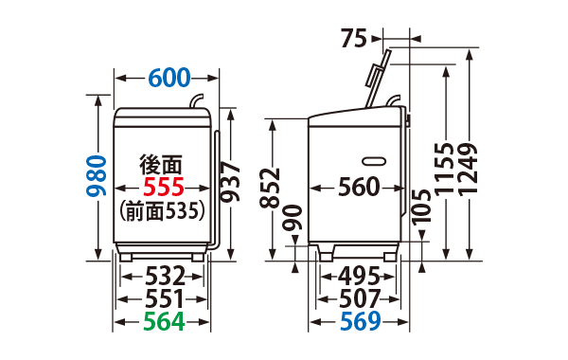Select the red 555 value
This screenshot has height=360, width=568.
[x=163, y=188]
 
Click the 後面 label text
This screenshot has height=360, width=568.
[x=160, y=164]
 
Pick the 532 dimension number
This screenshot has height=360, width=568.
[x=163, y=277]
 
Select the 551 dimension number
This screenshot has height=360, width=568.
[x=163, y=299]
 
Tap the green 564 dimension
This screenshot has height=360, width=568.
[x=163, y=323]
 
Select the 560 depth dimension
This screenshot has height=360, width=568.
[x=359, y=188]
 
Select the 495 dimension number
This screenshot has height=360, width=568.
[x=359, y=277]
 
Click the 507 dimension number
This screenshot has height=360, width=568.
[x=359, y=299]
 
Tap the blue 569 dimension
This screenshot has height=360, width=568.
[x=359, y=323]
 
